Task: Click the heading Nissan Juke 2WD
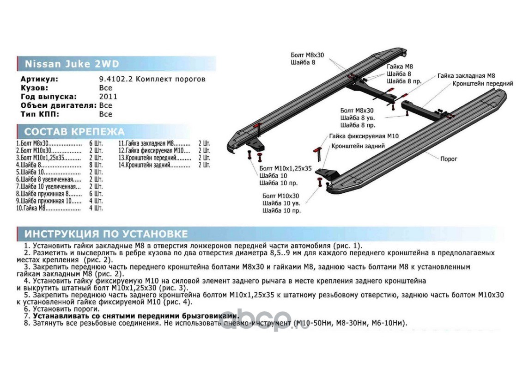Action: tap(71, 64)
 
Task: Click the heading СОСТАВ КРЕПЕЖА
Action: tap(74, 131)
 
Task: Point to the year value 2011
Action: tap(108, 97)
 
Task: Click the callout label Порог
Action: tap(449, 159)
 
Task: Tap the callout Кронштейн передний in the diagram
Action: tap(483, 84)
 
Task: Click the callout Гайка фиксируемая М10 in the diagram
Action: tap(364, 136)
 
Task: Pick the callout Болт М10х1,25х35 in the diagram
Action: tap(286, 168)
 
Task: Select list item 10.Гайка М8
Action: tap(31, 209)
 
